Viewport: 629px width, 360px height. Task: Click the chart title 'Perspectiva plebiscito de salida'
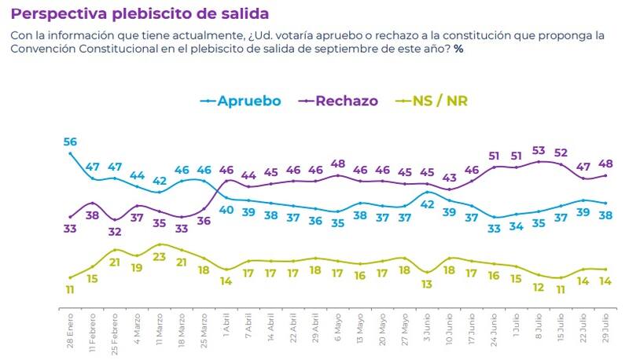(x=140, y=14)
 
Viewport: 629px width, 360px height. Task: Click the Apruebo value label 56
(x=70, y=141)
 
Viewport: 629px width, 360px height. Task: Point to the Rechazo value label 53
(x=539, y=150)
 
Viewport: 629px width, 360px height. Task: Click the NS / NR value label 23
(x=160, y=256)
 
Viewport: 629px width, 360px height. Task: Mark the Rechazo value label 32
(x=115, y=232)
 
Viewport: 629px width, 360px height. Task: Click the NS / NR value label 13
(x=427, y=286)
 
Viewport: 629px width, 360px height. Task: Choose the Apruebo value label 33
(x=495, y=229)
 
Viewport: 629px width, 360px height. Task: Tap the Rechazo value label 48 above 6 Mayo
(x=338, y=163)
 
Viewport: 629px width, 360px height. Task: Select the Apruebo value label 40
(x=226, y=210)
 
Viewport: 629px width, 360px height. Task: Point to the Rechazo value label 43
(x=449, y=177)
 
